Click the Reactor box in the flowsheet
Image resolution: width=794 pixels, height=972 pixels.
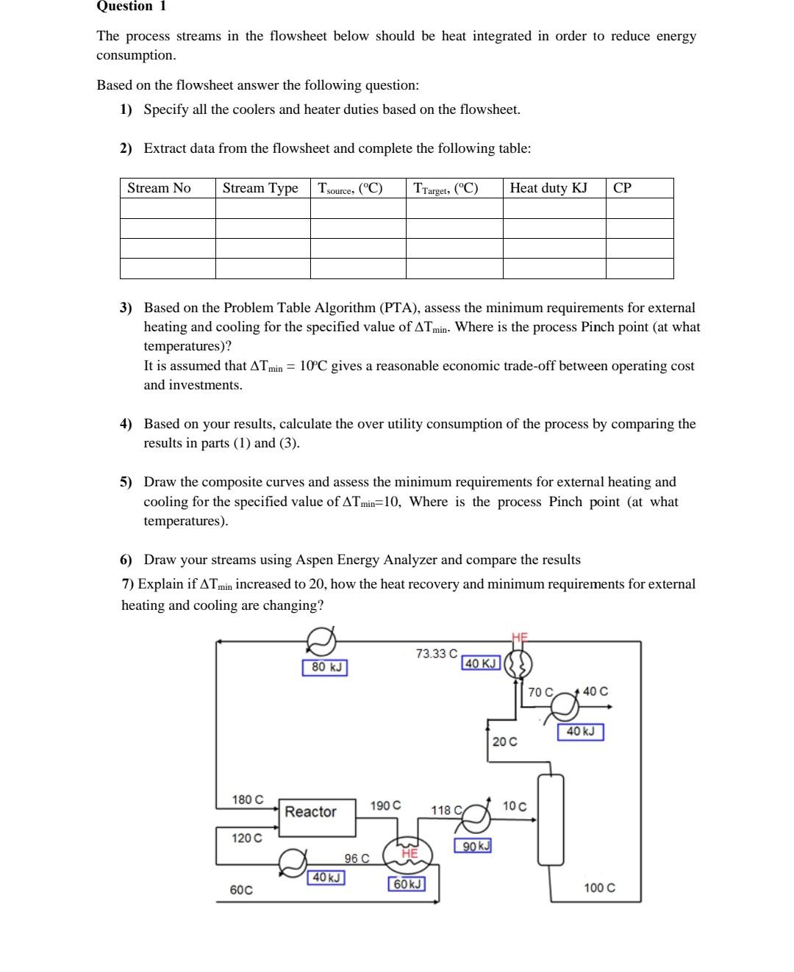[310, 812]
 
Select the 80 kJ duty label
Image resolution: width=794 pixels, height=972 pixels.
[325, 667]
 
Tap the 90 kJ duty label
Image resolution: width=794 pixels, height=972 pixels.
[473, 846]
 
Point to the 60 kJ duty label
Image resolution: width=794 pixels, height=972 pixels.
[407, 884]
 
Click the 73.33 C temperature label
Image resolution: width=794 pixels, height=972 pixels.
[436, 653]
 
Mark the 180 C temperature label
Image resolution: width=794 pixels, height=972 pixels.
[247, 799]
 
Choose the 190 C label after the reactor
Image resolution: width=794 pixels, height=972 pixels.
[385, 805]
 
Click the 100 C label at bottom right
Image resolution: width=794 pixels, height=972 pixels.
[599, 888]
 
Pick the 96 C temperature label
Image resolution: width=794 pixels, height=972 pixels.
[357, 858]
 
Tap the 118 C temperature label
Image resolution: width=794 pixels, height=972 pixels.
[446, 810]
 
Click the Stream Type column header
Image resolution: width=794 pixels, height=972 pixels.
[260, 188]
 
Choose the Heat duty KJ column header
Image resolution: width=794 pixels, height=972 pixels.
[548, 188]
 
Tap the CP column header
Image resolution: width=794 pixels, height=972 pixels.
[622, 188]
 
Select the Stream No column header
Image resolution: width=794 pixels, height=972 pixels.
[159, 188]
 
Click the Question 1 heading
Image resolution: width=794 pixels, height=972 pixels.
[132, 7]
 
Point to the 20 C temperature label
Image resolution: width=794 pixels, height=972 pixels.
[504, 741]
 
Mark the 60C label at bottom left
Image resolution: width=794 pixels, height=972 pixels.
[241, 890]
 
